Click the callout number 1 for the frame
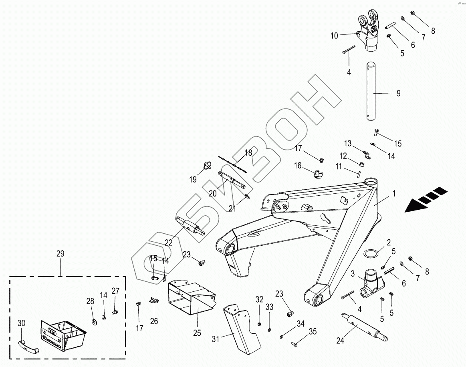click(394, 194)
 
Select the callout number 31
click(216, 339)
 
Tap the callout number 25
click(197, 333)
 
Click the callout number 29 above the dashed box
click(60, 254)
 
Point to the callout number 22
click(168, 242)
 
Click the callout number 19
click(193, 180)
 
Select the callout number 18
click(248, 152)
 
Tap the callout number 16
click(298, 165)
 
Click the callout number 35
click(312, 331)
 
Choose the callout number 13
click(347, 143)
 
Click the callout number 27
click(115, 291)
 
